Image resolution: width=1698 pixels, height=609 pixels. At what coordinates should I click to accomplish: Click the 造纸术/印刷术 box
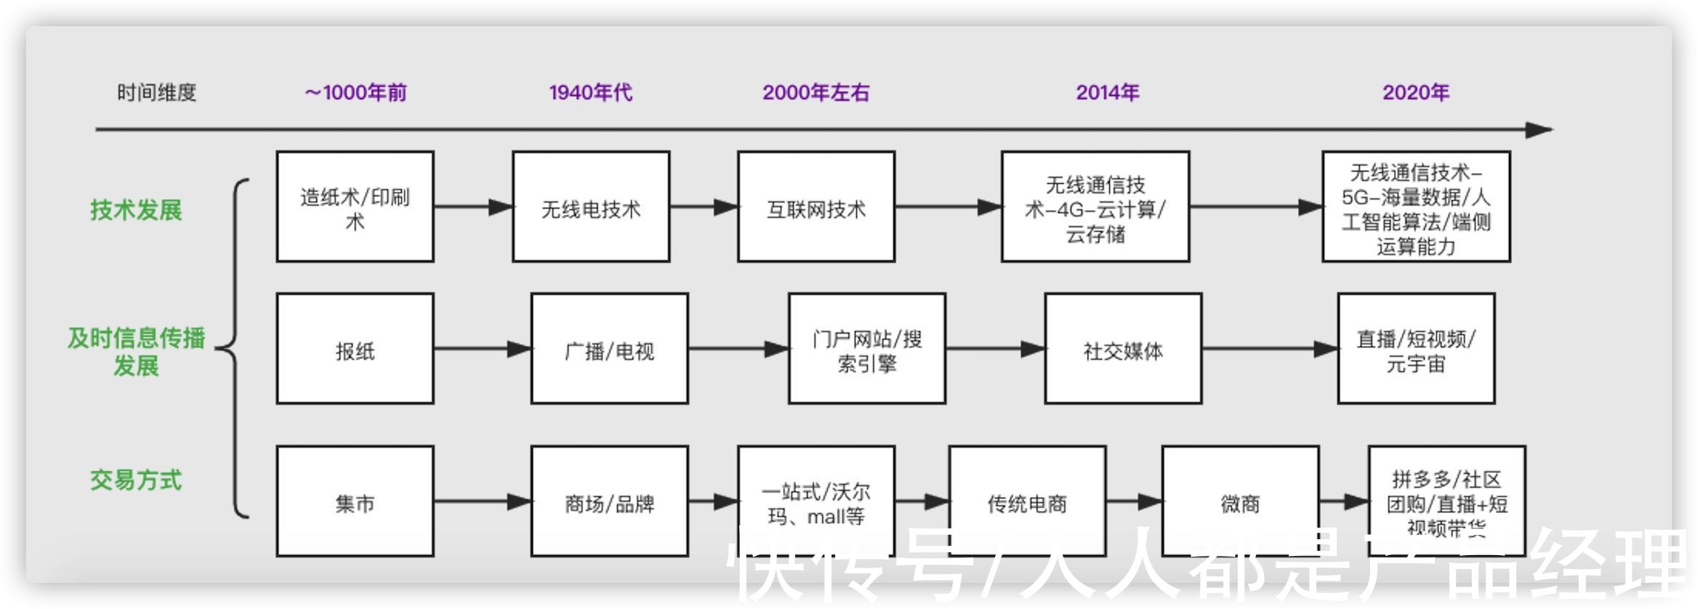coord(355,207)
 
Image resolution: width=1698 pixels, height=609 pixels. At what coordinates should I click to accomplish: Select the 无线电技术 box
coord(590,207)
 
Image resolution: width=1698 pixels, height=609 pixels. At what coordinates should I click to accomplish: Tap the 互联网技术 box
coord(816,207)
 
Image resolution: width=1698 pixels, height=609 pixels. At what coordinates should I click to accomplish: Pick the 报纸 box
coord(355,349)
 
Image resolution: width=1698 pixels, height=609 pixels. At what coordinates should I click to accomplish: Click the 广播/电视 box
coord(609,349)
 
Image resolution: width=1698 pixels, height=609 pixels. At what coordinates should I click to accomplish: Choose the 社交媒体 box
coord(1123,349)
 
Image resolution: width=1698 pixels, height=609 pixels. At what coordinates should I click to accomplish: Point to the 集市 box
coord(355,501)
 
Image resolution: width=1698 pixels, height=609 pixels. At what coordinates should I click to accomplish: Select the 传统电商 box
coord(1027,501)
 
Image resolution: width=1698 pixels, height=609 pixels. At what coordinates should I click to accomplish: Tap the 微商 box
coord(1240,501)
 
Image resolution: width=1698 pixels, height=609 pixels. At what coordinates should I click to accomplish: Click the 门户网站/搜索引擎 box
coord(866,349)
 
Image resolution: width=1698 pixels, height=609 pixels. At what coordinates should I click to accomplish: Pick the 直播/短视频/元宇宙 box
coord(1416,349)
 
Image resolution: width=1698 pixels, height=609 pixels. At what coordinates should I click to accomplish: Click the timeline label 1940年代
coord(590,92)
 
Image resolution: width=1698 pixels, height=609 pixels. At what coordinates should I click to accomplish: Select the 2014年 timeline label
coord(1107,92)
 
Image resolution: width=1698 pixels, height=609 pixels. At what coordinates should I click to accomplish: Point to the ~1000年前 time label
coord(355,92)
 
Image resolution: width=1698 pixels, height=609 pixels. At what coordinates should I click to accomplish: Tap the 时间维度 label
coord(157,92)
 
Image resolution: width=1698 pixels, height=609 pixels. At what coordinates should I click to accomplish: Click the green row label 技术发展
coord(136,210)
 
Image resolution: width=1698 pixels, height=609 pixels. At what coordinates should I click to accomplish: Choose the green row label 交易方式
coord(136,480)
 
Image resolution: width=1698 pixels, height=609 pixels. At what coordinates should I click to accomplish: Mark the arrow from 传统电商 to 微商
coord(1134,501)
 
